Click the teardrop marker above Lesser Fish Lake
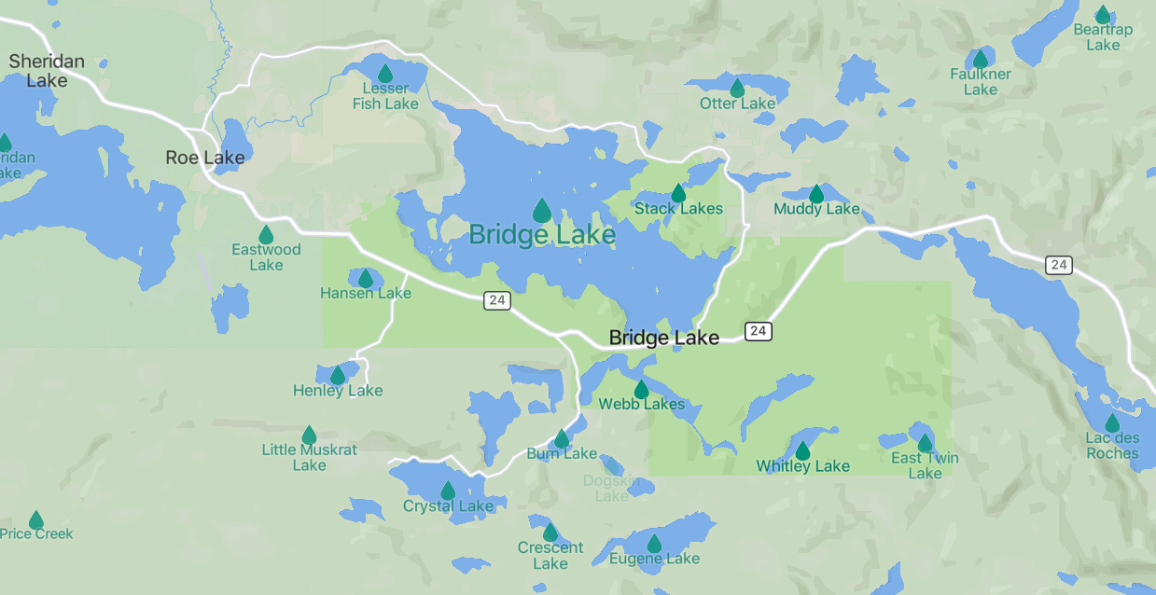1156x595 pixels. [x=385, y=74]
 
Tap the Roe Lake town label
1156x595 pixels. [x=204, y=158]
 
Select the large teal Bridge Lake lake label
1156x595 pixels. [x=542, y=234]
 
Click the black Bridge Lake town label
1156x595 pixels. [x=663, y=338]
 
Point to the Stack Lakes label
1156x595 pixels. [x=678, y=209]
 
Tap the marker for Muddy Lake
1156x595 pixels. [x=816, y=194]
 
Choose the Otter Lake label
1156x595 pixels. [x=737, y=104]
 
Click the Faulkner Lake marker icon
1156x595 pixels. [x=981, y=59]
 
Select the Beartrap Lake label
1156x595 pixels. [x=1103, y=37]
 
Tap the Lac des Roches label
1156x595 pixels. [x=1112, y=446]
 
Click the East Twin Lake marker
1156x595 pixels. [x=925, y=443]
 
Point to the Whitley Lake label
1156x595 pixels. [x=802, y=466]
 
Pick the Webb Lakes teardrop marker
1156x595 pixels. [x=641, y=390]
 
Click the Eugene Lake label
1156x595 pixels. [x=654, y=559]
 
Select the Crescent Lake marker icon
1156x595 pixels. [x=550, y=533]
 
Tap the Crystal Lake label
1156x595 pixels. [x=448, y=506]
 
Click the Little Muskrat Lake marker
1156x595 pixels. [x=309, y=435]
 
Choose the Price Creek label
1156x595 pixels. [x=36, y=534]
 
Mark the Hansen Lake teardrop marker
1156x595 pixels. [x=366, y=279]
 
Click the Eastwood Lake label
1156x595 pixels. [x=266, y=257]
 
